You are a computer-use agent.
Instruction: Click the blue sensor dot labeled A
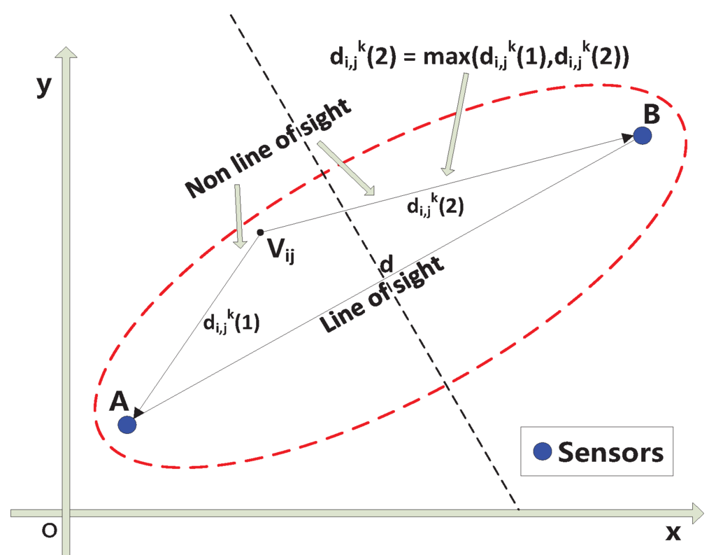click(127, 424)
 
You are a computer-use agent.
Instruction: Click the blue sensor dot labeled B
click(643, 135)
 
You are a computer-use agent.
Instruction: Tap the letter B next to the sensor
click(650, 112)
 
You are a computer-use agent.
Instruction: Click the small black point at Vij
click(260, 232)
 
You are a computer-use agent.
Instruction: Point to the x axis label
click(673, 533)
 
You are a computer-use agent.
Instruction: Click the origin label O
click(48, 532)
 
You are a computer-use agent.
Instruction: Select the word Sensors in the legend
click(610, 452)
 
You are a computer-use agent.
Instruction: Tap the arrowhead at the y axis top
click(66, 55)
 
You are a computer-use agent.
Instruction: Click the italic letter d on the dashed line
click(385, 264)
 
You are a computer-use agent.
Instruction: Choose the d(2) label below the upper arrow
click(435, 206)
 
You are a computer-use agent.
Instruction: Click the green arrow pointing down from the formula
click(452, 122)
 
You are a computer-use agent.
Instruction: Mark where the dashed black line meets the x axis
click(518, 510)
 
